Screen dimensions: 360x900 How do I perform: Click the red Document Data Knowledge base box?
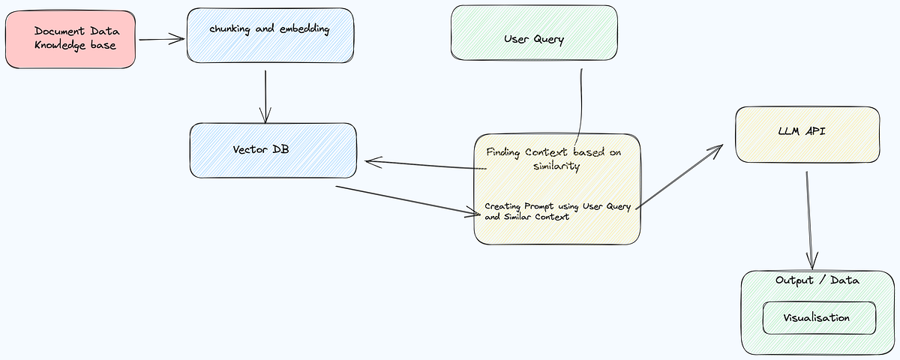click(x=70, y=39)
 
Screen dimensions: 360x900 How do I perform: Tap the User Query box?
click(x=534, y=33)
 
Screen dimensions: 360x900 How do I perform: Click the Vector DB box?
click(x=272, y=150)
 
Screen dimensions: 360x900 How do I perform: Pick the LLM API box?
click(x=807, y=134)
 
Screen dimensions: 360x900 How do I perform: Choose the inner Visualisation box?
click(x=819, y=318)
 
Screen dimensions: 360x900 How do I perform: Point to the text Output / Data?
click(x=817, y=280)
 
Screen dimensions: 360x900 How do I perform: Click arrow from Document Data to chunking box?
click(x=161, y=40)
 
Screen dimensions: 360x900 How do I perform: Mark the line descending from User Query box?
click(x=580, y=105)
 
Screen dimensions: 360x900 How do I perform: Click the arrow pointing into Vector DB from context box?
click(x=424, y=164)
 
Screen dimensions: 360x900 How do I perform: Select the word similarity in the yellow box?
click(x=556, y=166)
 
